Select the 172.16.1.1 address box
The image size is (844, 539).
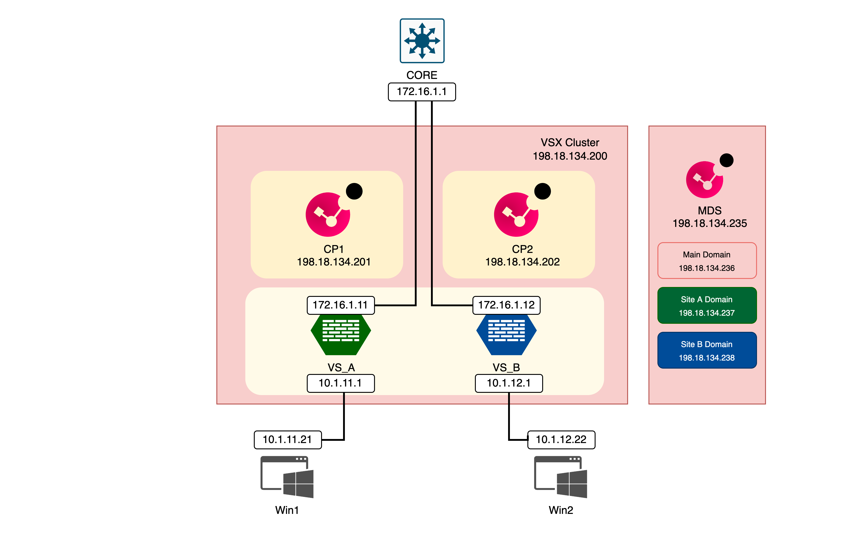(422, 92)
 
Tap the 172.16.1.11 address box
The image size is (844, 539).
(340, 305)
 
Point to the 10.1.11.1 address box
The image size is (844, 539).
(340, 383)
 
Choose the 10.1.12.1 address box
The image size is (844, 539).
(509, 383)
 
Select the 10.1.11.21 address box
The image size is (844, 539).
(287, 439)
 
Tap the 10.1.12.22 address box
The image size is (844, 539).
(561, 439)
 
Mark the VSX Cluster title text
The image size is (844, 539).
(570, 143)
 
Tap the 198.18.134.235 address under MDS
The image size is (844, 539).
(710, 223)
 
